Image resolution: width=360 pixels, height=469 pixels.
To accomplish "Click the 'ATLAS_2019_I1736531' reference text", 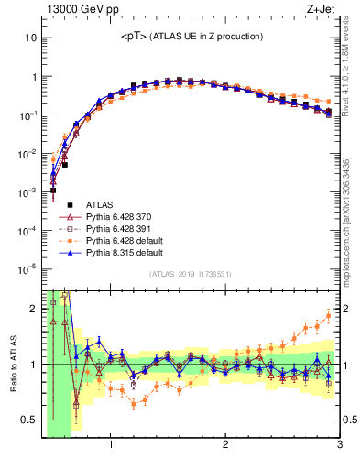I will (x=191, y=275).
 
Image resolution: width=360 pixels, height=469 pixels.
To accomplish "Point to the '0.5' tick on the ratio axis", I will (x=30, y=420).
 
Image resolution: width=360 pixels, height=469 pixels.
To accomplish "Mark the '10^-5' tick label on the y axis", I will (x=27, y=268).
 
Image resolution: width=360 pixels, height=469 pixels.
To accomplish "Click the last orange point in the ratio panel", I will (x=328, y=316).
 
